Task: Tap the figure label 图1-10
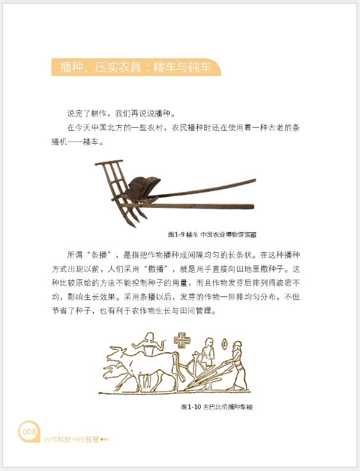(191, 407)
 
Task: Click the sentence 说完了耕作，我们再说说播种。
(122, 113)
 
